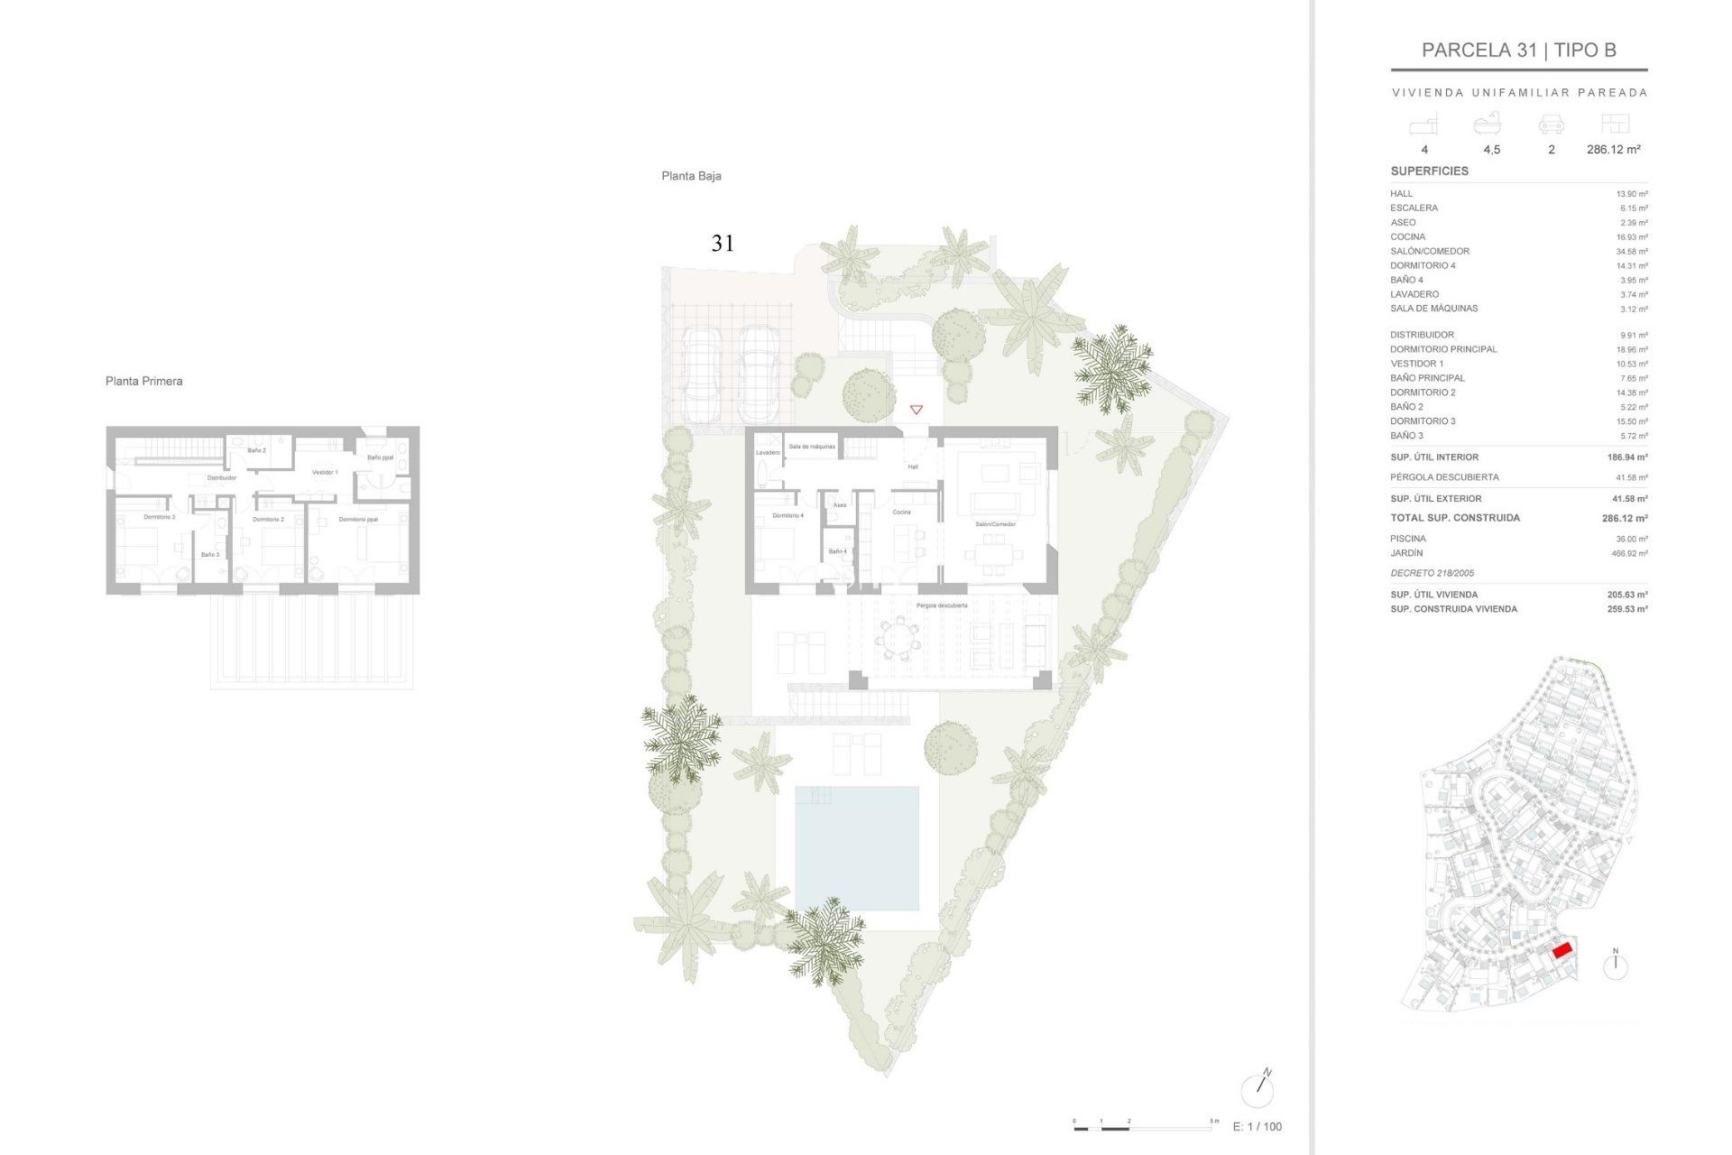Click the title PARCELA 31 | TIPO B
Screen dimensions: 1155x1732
[1518, 51]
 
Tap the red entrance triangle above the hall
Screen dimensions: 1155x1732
[916, 410]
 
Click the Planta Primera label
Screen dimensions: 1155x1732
[143, 381]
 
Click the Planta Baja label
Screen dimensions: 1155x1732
[691, 176]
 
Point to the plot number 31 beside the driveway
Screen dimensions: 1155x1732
[723, 243]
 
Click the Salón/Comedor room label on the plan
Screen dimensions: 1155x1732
[996, 523]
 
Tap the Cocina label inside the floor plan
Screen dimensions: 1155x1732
[901, 512]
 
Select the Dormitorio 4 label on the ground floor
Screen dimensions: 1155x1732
[788, 515]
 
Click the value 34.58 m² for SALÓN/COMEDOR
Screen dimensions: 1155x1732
[1632, 252]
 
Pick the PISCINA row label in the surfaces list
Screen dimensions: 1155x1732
[1408, 539]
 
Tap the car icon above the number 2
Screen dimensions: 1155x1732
[1551, 125]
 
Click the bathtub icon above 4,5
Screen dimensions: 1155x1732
[1488, 124]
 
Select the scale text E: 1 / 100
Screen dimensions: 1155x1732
[1257, 1126]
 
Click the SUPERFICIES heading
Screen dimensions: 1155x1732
[1429, 171]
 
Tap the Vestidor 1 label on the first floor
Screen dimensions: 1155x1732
[325, 472]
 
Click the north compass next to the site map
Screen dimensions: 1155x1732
[1615, 966]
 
